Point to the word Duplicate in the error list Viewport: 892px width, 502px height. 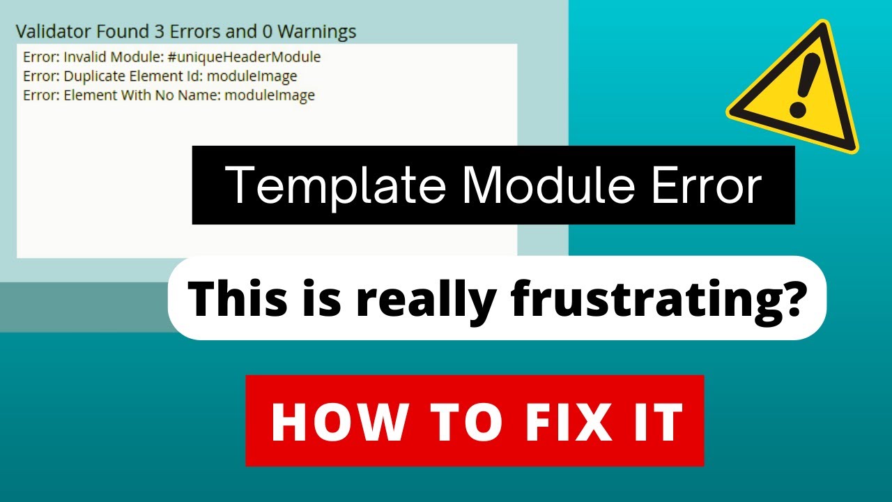(90, 76)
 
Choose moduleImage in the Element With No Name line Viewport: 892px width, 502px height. (270, 96)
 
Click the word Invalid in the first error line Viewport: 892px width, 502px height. (82, 57)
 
